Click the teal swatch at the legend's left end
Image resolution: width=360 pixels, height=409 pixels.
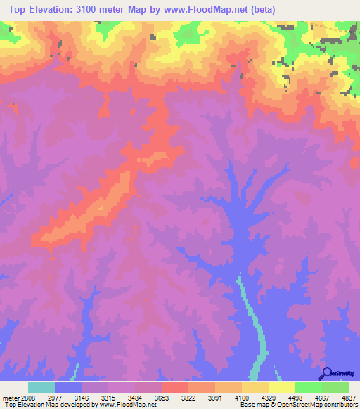41,387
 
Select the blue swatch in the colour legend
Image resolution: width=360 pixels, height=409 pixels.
68,387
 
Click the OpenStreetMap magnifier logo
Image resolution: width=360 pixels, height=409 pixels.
326,373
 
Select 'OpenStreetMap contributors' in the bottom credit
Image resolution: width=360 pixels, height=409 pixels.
326,405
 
